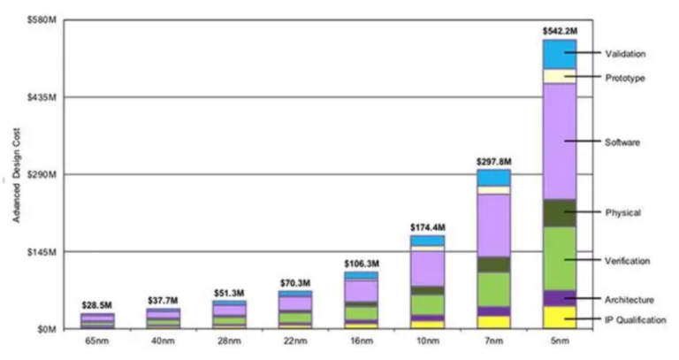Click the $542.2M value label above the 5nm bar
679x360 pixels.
[559, 31]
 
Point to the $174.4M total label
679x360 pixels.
[427, 227]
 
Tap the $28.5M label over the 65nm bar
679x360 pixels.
[97, 305]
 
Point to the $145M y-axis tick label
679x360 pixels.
[43, 252]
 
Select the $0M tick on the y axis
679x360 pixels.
[48, 329]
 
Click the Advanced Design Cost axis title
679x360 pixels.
[16, 177]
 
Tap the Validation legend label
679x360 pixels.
[625, 54]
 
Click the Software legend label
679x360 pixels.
[622, 142]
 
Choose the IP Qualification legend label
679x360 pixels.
[635, 319]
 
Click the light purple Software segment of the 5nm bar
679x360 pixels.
[559, 142]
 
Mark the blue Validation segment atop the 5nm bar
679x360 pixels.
[559, 54]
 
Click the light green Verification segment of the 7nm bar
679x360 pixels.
[493, 288]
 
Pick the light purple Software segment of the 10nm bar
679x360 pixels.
[427, 268]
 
